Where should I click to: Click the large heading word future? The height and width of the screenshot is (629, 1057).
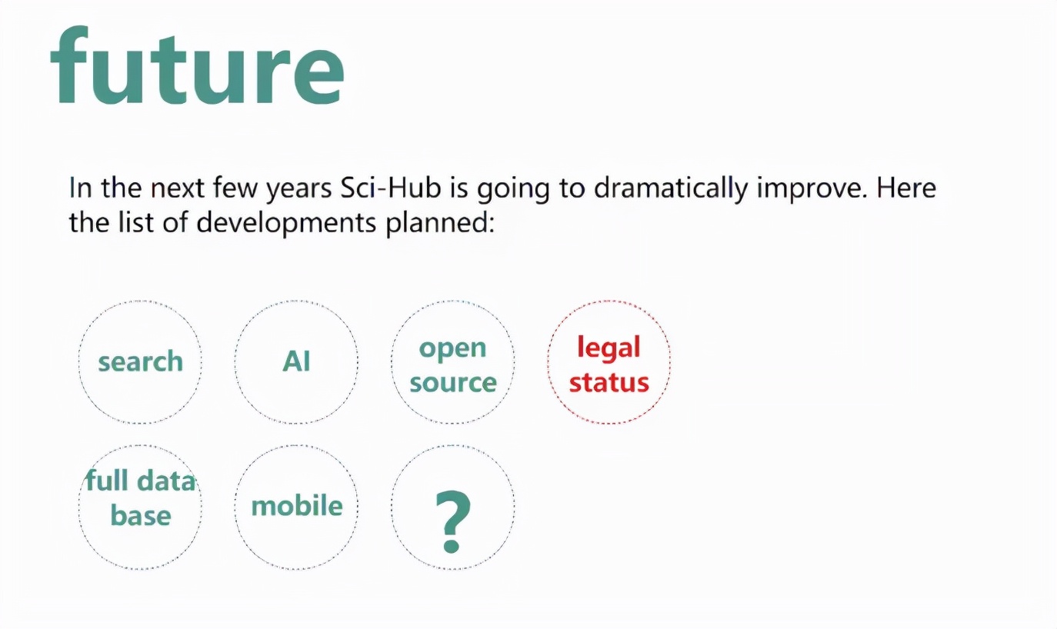[197, 65]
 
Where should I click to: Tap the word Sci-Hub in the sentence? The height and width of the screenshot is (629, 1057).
[390, 188]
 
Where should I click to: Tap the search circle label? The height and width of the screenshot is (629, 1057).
[140, 361]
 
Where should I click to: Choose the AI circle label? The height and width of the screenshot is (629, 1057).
[296, 361]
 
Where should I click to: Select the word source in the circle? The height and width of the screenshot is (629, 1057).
[453, 382]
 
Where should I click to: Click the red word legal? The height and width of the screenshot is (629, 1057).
[609, 348]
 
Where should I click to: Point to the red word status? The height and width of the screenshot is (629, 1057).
[609, 381]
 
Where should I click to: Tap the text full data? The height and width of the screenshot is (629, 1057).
[140, 481]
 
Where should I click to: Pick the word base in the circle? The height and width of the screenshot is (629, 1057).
[141, 515]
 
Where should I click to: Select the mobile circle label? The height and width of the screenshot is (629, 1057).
[297, 505]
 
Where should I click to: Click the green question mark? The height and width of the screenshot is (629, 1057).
[452, 521]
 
